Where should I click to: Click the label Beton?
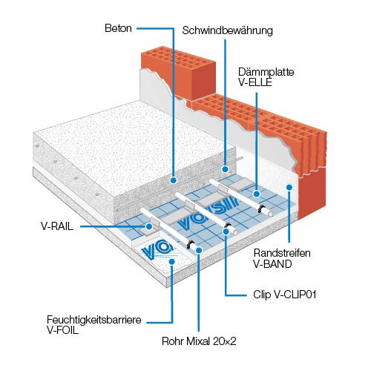pyautogui.click(x=118, y=28)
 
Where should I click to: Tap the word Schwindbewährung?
pyautogui.click(x=228, y=30)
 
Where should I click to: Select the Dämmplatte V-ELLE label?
pyautogui.click(x=266, y=77)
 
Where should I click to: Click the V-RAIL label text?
pyautogui.click(x=57, y=226)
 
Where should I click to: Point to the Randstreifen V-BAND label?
pyautogui.click(x=282, y=258)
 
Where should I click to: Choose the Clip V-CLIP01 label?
pyautogui.click(x=285, y=295)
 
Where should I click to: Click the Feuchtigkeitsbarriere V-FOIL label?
pyautogui.click(x=94, y=325)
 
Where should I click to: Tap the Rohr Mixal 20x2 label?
pyautogui.click(x=199, y=341)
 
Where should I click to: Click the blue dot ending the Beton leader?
pyautogui.click(x=174, y=180)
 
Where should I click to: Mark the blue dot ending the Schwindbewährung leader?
pyautogui.click(x=225, y=169)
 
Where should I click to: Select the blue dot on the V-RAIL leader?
pyautogui.click(x=149, y=226)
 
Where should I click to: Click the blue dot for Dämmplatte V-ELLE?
pyautogui.click(x=257, y=194)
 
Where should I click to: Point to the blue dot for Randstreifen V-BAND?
pyautogui.click(x=289, y=187)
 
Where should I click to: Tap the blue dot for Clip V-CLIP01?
pyautogui.click(x=226, y=232)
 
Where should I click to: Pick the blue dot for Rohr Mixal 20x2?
pyautogui.click(x=199, y=250)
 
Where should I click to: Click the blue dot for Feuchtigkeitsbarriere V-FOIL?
pyautogui.click(x=172, y=261)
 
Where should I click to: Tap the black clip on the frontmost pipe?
pyautogui.click(x=191, y=244)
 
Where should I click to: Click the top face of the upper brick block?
pyautogui.click(x=178, y=56)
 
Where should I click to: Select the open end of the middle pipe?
pyautogui.click(x=234, y=231)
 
